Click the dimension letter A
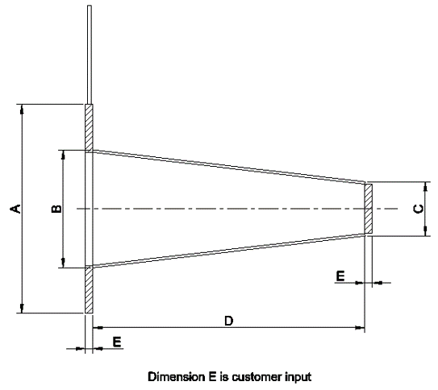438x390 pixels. click(x=15, y=209)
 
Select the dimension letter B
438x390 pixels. click(x=56, y=209)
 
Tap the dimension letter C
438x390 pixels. click(x=418, y=209)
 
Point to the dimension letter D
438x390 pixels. click(x=229, y=321)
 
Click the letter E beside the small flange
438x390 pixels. click(x=340, y=276)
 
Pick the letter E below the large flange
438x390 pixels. click(x=117, y=342)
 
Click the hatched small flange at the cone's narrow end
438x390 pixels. click(x=369, y=209)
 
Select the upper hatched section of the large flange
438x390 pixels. click(x=89, y=128)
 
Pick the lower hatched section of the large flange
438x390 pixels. click(x=89, y=289)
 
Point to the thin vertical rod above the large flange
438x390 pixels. click(x=90, y=55)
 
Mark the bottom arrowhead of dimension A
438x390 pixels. click(x=22, y=309)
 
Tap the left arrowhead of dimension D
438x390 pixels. click(x=98, y=327)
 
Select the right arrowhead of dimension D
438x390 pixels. click(x=360, y=327)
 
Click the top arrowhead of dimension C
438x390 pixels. click(x=425, y=187)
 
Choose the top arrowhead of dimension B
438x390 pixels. click(x=63, y=155)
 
